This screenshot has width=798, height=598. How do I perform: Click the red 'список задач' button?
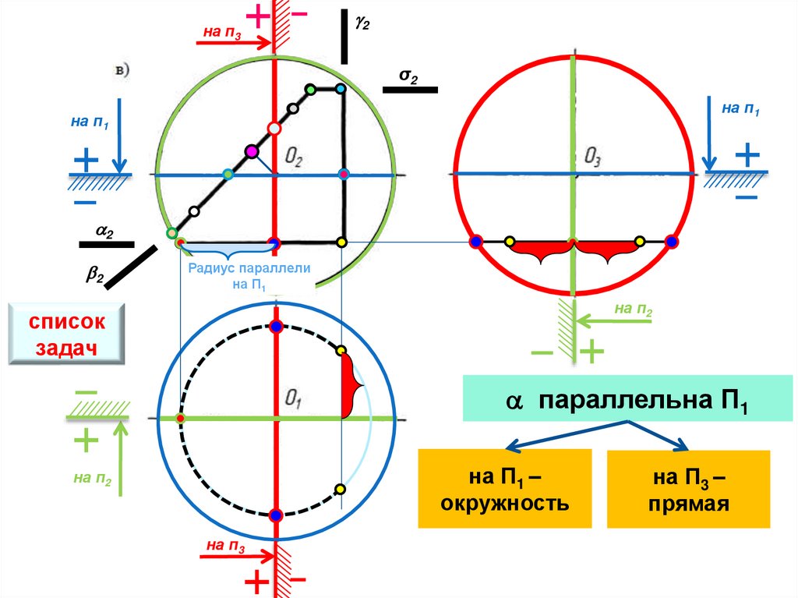(67, 334)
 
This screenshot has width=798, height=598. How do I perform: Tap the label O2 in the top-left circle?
(295, 158)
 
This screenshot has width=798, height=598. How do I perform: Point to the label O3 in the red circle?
(594, 159)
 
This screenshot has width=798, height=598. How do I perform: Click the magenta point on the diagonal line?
(251, 151)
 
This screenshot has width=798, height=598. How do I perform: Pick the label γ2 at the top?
(362, 24)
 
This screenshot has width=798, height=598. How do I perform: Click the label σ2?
(408, 76)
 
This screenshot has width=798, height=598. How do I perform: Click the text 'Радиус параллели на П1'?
(249, 275)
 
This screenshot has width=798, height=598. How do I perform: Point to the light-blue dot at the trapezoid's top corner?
(341, 90)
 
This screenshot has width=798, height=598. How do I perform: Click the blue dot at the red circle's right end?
(673, 242)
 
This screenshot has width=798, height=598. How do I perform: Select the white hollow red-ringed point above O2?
(274, 128)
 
